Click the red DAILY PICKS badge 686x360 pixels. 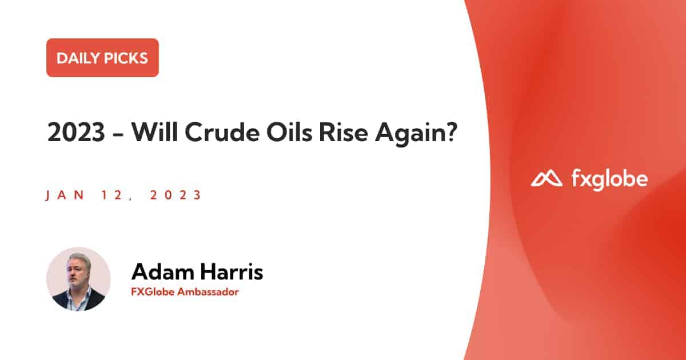[102, 58]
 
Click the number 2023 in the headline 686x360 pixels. [77, 132]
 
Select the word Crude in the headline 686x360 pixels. [222, 132]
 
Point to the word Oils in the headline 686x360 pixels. [289, 132]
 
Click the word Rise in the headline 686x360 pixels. [344, 132]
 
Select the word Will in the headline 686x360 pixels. [155, 131]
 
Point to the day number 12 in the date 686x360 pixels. [112, 195]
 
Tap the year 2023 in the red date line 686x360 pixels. [176, 195]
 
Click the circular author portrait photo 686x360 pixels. [78, 279]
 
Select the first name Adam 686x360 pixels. [162, 271]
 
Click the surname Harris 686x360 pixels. [232, 271]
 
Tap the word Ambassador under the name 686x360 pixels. [208, 292]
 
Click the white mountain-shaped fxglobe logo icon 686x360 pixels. [547, 179]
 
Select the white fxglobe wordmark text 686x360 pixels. [610, 179]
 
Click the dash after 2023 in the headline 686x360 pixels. [118, 134]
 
